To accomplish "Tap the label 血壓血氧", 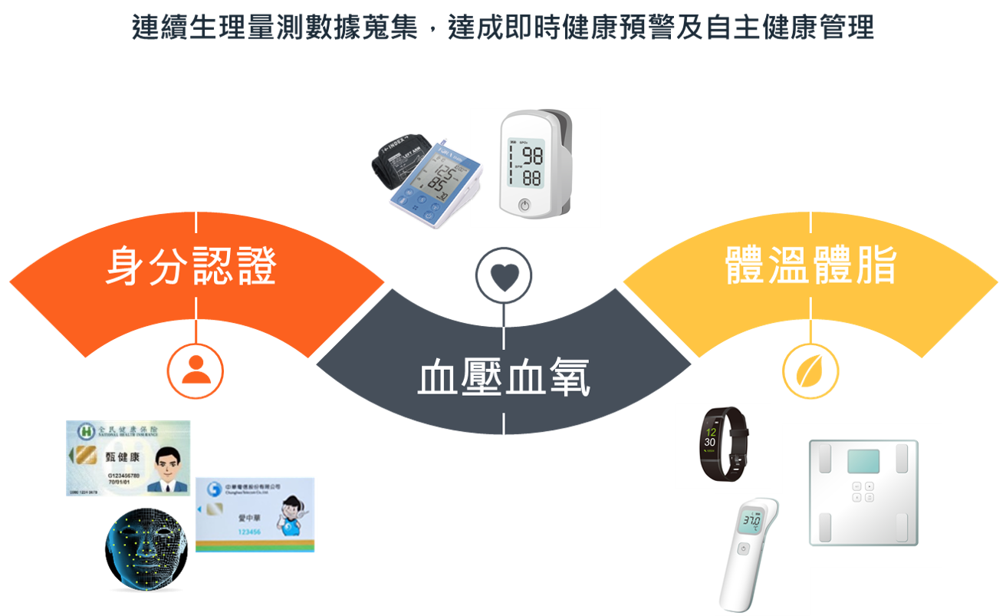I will [x=504, y=378].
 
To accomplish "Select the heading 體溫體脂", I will [x=810, y=266].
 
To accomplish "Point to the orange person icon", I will [x=196, y=371].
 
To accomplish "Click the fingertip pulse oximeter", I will [x=534, y=166].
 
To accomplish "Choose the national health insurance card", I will [x=128, y=457].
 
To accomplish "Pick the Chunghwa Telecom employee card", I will [x=256, y=513].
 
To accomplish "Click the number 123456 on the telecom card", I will [x=249, y=532].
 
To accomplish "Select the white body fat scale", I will [x=863, y=494].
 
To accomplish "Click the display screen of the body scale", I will [x=863, y=461].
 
